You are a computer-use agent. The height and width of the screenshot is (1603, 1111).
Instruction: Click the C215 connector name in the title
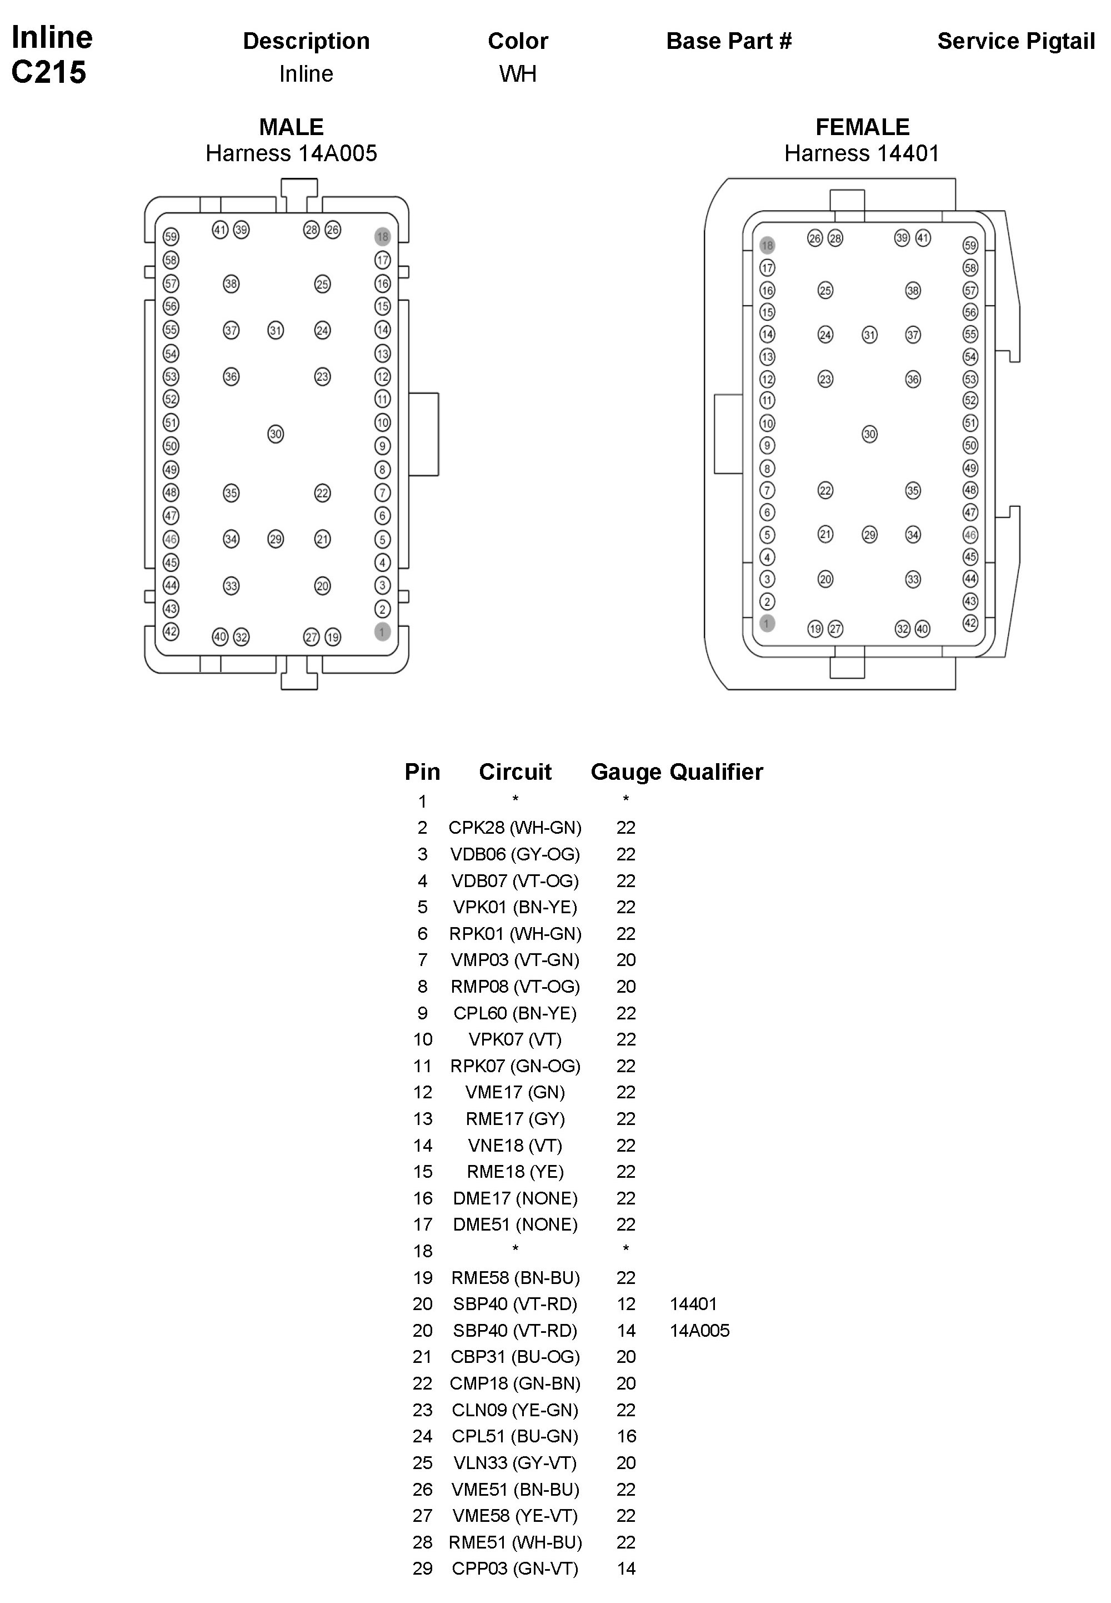(49, 72)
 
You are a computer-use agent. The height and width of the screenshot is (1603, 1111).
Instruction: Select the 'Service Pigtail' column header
(1015, 42)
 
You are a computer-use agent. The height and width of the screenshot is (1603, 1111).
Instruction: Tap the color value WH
(517, 74)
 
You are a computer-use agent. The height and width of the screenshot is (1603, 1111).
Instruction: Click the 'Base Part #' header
(729, 42)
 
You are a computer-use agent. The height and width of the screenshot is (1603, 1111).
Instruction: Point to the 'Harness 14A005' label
(291, 153)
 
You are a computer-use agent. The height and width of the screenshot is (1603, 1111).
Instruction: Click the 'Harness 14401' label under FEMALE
(862, 153)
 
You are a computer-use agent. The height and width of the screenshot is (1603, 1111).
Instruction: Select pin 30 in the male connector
(276, 435)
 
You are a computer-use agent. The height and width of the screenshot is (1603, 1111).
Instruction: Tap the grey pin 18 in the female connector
(767, 245)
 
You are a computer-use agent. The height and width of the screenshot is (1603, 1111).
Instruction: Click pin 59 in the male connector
(171, 237)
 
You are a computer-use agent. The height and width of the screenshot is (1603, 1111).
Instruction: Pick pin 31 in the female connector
(869, 335)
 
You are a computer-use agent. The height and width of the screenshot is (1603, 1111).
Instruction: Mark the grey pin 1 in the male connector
(382, 631)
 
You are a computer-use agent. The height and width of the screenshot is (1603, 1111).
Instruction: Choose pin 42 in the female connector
(970, 623)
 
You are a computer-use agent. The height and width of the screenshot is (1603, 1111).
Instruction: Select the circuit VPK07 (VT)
(515, 1039)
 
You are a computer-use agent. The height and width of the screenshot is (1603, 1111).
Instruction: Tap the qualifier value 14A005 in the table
(699, 1331)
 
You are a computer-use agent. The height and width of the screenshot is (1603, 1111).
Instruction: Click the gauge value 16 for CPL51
(626, 1437)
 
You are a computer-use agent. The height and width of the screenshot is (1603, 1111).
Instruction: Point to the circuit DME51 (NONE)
(515, 1225)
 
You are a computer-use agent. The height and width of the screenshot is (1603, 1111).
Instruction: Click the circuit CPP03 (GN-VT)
(515, 1569)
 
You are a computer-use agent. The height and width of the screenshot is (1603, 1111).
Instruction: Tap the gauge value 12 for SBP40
(626, 1305)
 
